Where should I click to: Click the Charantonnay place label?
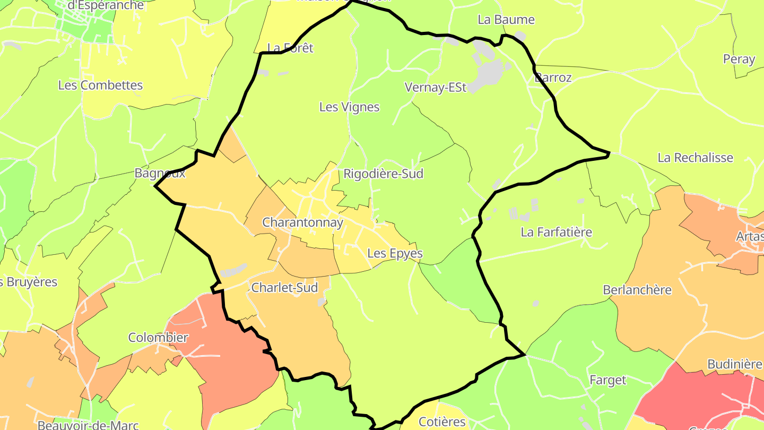[x=303, y=222]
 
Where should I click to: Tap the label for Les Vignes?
[x=349, y=107]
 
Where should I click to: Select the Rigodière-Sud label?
[x=383, y=174]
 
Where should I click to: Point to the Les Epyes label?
[x=395, y=253]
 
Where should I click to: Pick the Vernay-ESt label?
[x=435, y=88]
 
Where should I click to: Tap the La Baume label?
[x=506, y=20]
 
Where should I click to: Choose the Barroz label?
[x=553, y=78]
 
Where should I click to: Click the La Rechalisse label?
[x=695, y=158]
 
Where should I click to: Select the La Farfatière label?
[x=556, y=232]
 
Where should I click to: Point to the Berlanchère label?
[x=637, y=290]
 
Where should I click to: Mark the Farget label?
[x=608, y=380]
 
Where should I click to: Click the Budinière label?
[x=734, y=364]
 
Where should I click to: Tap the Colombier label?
[x=158, y=338]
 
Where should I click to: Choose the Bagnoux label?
[x=160, y=173]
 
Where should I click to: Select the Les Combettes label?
[x=100, y=85]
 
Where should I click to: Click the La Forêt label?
[x=290, y=48]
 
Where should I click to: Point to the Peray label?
[x=739, y=59]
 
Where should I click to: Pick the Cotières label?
[x=442, y=422]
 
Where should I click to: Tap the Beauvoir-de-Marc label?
[x=88, y=425]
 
